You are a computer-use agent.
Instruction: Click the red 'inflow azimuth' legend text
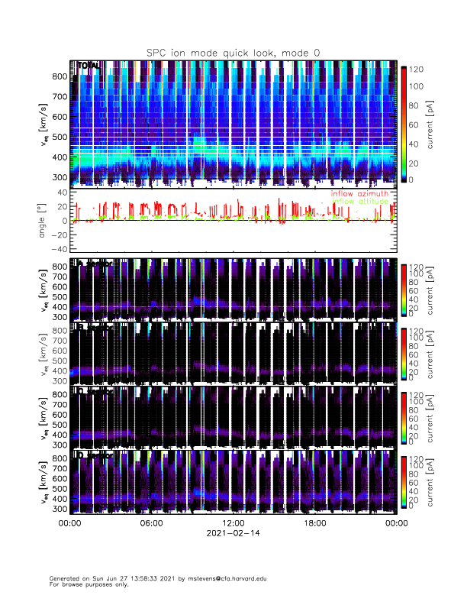(359, 194)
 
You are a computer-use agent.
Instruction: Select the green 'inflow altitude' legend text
(359, 202)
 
